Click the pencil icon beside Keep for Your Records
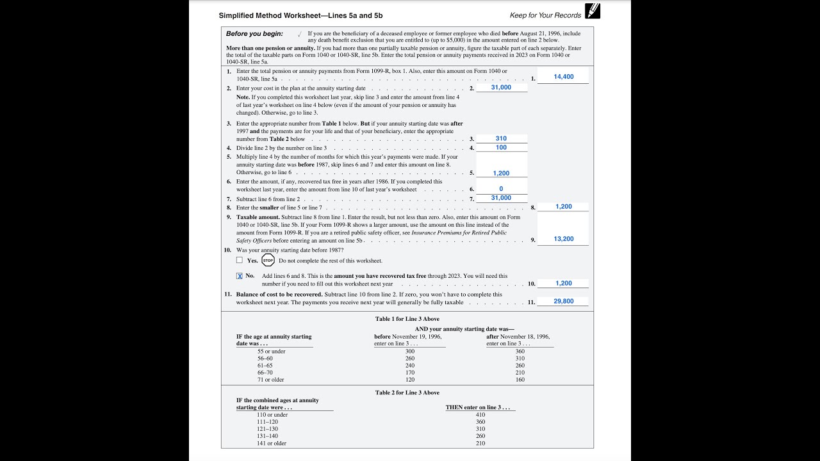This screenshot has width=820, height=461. tap(593, 11)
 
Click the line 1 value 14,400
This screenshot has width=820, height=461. tap(563, 77)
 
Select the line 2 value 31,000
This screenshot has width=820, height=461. tap(501, 87)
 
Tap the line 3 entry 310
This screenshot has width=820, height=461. tap(501, 138)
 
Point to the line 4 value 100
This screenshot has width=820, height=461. tap(501, 147)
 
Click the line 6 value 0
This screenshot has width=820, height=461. tap(501, 189)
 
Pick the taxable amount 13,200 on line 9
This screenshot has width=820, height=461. tap(563, 239)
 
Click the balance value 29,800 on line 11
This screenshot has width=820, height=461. tap(563, 301)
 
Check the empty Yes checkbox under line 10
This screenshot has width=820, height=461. tap(240, 260)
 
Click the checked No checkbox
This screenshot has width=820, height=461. tap(240, 276)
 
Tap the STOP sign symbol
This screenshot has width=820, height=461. tap(268, 260)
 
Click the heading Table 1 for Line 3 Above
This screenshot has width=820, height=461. tap(407, 319)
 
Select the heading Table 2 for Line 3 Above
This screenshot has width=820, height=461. tap(407, 392)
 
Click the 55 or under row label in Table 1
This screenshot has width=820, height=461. tap(271, 351)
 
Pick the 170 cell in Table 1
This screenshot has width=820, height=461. tap(410, 372)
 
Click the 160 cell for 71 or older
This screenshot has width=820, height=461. tap(520, 380)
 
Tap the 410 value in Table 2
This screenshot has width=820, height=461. tap(480, 414)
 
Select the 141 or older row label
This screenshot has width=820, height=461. tap(271, 443)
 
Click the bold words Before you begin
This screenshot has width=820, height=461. tap(254, 33)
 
